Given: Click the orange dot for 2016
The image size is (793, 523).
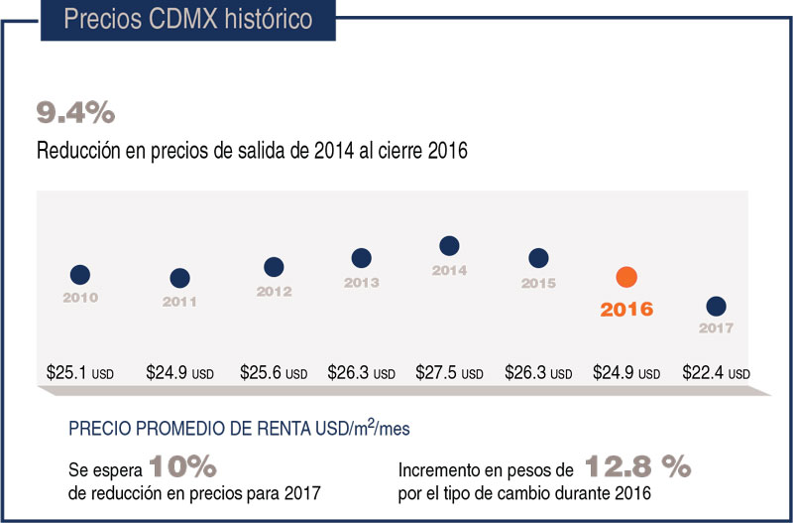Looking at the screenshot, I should click(x=626, y=277).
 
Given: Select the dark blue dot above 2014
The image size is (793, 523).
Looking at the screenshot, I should click(x=449, y=246).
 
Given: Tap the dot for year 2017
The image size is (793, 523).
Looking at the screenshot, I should click(x=716, y=306).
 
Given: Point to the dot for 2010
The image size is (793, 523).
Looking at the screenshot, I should click(x=80, y=275).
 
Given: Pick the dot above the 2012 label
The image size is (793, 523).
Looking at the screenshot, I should click(x=274, y=267).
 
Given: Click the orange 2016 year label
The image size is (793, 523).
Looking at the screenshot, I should click(x=626, y=309).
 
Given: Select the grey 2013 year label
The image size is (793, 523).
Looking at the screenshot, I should click(x=361, y=282).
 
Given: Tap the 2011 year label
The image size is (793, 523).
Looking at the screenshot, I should click(x=179, y=301).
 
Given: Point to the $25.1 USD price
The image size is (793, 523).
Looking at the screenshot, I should click(x=80, y=374).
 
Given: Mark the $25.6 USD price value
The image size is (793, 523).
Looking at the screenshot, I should click(x=274, y=374).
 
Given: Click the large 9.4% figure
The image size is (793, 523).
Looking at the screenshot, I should click(x=75, y=113).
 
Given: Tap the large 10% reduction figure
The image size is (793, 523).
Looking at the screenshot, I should click(x=182, y=466).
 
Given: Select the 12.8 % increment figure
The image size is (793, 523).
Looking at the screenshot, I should click(x=636, y=466).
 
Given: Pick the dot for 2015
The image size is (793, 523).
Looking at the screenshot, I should click(x=538, y=258).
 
